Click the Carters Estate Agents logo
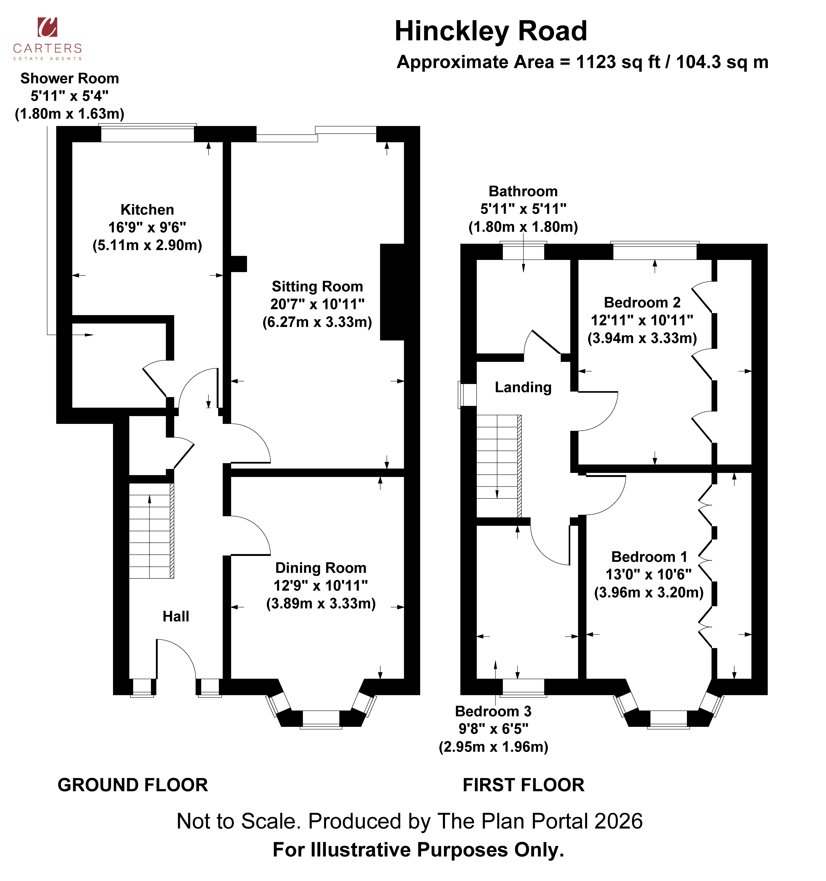point(47,39)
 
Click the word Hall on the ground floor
point(176,616)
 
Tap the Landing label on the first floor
point(523,387)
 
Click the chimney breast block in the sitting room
point(392,292)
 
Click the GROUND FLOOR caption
point(133,785)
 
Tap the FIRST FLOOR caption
point(524,785)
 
